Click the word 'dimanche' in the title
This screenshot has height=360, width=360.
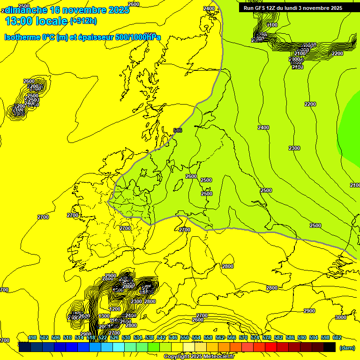[x=26, y=10]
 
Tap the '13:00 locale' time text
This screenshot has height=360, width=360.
[x=36, y=21]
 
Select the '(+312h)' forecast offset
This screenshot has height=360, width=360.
[x=83, y=21]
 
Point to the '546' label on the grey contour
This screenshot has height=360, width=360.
[x=178, y=130]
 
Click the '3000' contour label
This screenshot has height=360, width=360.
[x=341, y=317]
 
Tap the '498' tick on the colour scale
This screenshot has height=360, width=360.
[x=32, y=337]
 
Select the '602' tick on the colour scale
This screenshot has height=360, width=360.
[x=337, y=337]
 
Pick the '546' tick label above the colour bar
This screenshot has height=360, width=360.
[x=173, y=337]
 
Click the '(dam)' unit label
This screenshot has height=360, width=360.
[x=347, y=347]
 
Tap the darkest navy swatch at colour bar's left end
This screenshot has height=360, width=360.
[x=25, y=347]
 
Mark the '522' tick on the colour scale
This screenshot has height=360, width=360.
[x=103, y=337]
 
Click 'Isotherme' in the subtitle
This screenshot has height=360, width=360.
[x=22, y=37]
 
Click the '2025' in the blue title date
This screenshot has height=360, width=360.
[x=119, y=10]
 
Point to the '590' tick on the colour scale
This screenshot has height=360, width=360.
[x=302, y=337]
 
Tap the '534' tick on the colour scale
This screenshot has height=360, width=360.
[x=138, y=337]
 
